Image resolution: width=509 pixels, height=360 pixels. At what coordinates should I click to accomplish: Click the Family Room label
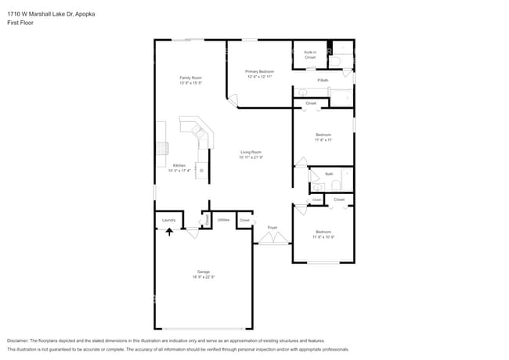[190, 77]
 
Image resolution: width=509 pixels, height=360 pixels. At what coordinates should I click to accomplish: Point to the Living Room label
[251, 152]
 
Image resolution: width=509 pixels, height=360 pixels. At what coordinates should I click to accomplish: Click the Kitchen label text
[179, 165]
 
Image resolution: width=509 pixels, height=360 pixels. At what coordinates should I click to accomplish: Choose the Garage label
[203, 272]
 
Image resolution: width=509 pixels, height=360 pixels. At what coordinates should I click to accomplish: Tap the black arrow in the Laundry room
[168, 232]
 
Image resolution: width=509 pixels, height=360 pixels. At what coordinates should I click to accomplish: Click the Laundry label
[168, 221]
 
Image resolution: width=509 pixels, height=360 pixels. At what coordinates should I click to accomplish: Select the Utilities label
[223, 220]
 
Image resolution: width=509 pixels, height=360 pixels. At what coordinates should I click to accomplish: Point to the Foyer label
[273, 228]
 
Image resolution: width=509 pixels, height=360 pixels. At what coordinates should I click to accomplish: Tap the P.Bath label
[323, 81]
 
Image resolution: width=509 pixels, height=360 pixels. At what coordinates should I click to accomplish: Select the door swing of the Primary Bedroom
[231, 101]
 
